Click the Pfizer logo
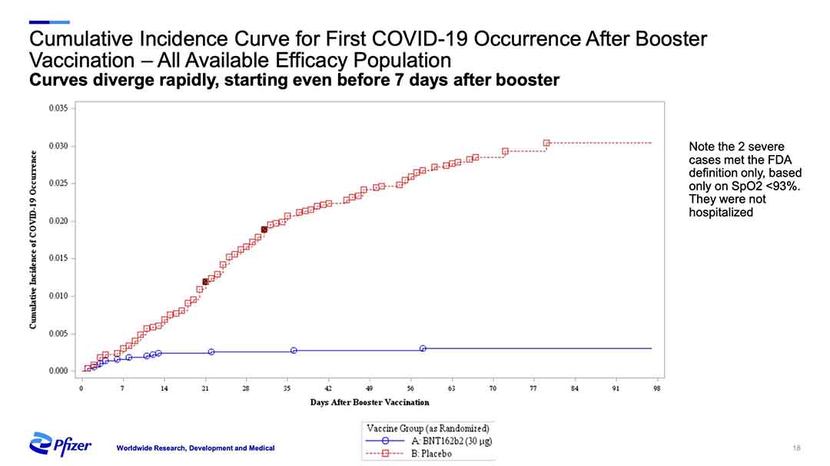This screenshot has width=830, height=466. pyautogui.click(x=61, y=444)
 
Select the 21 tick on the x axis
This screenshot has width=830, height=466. pyautogui.click(x=205, y=388)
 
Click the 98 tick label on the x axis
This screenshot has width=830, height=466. pyautogui.click(x=657, y=388)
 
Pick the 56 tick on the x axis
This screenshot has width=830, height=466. pyautogui.click(x=410, y=388)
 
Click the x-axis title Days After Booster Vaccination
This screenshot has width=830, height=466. pyautogui.click(x=370, y=402)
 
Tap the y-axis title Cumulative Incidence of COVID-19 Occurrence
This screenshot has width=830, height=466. pyautogui.click(x=34, y=240)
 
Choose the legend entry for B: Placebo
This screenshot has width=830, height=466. pyautogui.click(x=432, y=453)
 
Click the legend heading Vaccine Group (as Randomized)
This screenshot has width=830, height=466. pyautogui.click(x=428, y=428)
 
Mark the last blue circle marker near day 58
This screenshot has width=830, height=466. pyautogui.click(x=423, y=349)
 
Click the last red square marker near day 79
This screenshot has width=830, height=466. pyautogui.click(x=546, y=143)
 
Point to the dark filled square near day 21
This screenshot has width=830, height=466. pyautogui.click(x=205, y=282)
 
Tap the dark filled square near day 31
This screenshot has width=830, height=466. pyautogui.click(x=264, y=230)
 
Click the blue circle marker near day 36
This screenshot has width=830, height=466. pyautogui.click(x=294, y=351)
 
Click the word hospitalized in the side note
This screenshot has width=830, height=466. pyautogui.click(x=721, y=212)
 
